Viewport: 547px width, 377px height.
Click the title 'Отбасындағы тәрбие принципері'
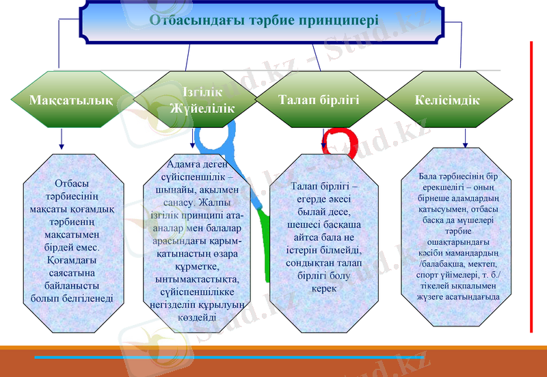tap(264, 19)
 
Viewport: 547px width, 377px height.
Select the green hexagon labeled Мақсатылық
tap(71, 100)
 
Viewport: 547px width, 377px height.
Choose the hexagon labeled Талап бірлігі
tap(319, 100)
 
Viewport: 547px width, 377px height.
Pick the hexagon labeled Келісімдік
tap(447, 100)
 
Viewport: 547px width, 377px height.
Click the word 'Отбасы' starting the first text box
tap(71, 183)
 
